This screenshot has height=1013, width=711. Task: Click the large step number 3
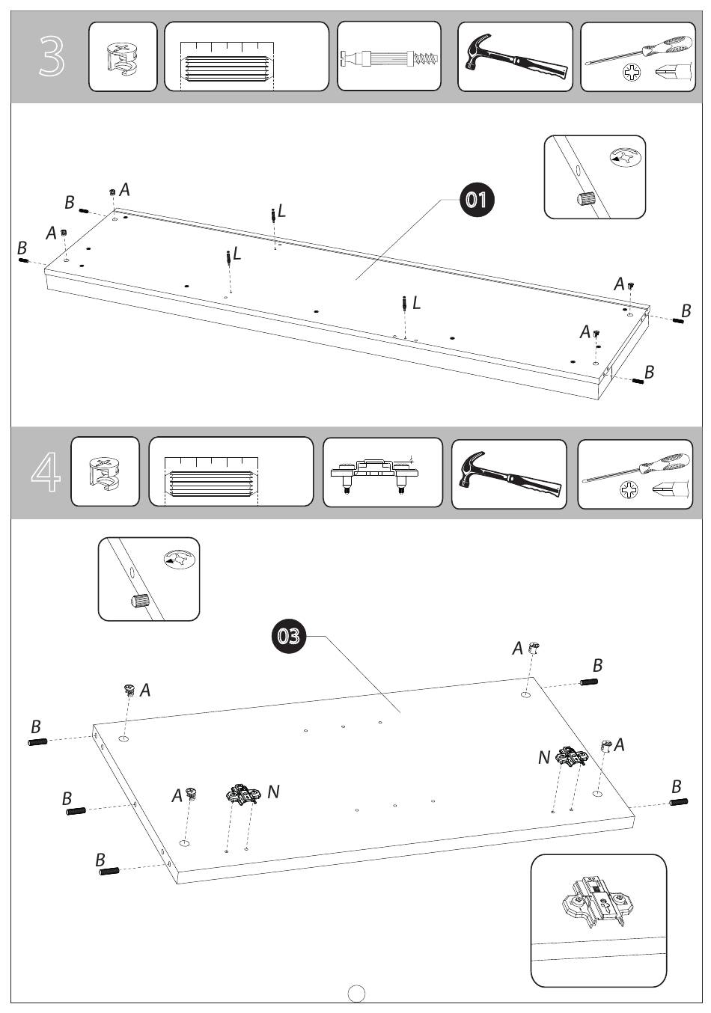tap(52, 58)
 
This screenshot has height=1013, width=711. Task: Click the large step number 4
tap(46, 472)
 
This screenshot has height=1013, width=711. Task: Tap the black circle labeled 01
tap(477, 199)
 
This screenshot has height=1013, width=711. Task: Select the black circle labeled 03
tap(289, 636)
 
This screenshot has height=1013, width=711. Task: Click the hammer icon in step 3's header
tap(514, 56)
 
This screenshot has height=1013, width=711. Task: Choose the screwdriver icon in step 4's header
tap(637, 467)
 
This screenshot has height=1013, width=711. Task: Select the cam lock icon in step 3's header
tap(123, 58)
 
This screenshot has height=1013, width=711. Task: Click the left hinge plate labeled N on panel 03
tap(242, 795)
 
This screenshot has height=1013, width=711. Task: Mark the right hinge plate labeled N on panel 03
tap(572, 759)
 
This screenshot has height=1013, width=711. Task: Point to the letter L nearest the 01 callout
tap(281, 212)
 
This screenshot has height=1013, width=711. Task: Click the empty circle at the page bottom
tap(357, 994)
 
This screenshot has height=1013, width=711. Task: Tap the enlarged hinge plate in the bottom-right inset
tap(596, 902)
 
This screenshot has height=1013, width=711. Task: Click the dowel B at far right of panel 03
tap(678, 803)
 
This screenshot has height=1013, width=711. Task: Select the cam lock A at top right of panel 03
tap(534, 648)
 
